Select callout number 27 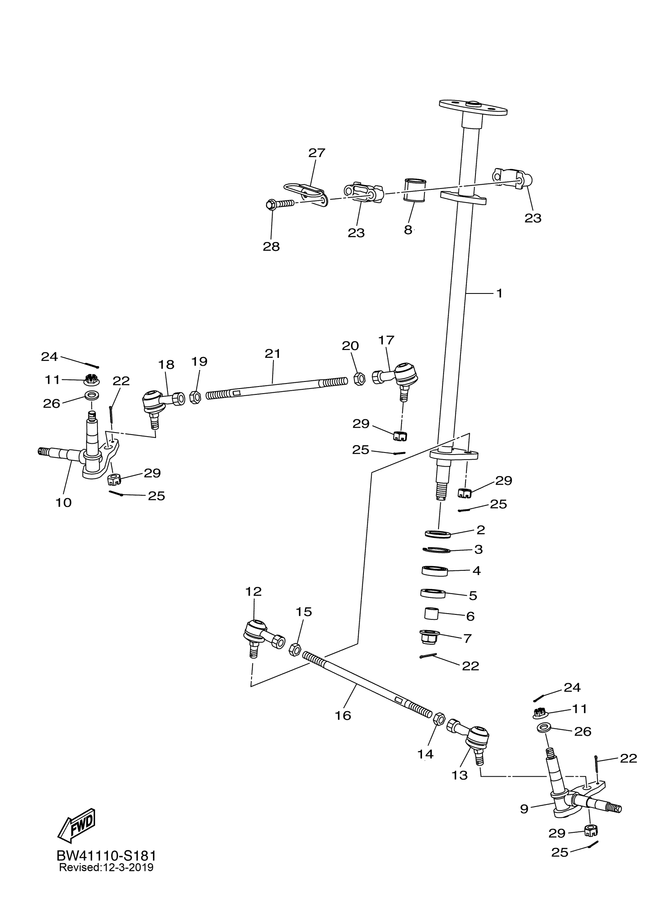[317, 153]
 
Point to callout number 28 [271, 247]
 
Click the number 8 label [408, 230]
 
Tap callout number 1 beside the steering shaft [499, 293]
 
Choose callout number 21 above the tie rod [272, 354]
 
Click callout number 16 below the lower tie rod [343, 715]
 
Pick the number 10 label [64, 502]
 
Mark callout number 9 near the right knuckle [524, 808]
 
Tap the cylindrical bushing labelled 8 [414, 189]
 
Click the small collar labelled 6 [432, 614]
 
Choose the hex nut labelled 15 [294, 649]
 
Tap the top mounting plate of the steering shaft [473, 107]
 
